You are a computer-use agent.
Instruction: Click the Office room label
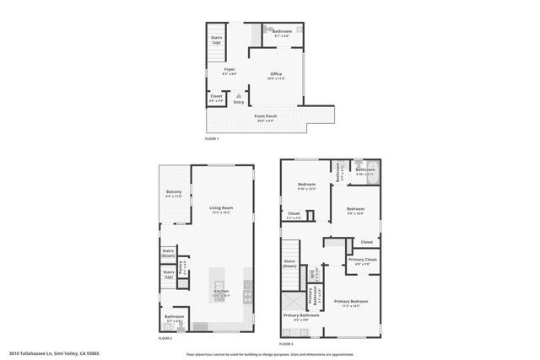point(276,75)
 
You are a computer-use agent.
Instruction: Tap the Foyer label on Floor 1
point(229,69)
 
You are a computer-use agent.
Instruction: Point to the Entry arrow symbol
point(240,95)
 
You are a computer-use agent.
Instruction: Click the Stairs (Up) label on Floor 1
point(217,40)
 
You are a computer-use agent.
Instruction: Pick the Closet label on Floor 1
point(217,97)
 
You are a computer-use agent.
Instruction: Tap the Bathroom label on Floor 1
point(281,32)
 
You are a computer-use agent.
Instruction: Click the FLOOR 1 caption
point(212,137)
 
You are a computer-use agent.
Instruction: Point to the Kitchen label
point(220,292)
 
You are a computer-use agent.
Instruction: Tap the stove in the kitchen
point(248,292)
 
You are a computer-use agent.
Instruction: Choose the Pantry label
point(183,265)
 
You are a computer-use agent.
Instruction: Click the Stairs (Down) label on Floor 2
point(169,252)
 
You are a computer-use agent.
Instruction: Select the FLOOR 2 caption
point(165,338)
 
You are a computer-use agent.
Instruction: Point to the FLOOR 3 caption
point(286,343)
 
